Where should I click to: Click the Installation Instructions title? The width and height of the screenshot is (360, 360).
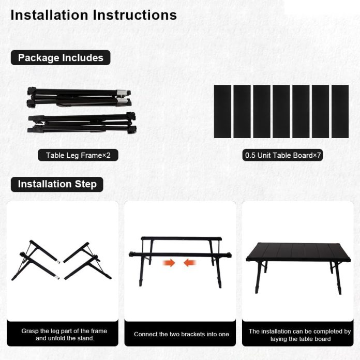click(x=94, y=15)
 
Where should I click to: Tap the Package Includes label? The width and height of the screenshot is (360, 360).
click(x=61, y=57)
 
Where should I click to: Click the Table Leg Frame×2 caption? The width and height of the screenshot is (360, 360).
click(x=78, y=155)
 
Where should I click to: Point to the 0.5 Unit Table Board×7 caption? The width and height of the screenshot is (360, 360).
click(x=283, y=155)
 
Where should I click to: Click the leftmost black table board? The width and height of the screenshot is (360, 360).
click(x=222, y=111)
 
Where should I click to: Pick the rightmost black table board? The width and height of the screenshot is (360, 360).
click(x=340, y=111)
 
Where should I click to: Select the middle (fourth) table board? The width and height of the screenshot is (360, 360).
click(x=281, y=111)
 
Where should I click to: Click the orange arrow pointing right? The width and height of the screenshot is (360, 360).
click(x=169, y=263)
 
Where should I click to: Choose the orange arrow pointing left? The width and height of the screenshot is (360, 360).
click(x=190, y=263)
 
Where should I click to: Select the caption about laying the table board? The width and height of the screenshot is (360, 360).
click(x=299, y=335)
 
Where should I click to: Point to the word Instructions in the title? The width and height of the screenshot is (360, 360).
click(x=134, y=15)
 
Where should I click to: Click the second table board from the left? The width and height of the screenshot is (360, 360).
click(x=242, y=111)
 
